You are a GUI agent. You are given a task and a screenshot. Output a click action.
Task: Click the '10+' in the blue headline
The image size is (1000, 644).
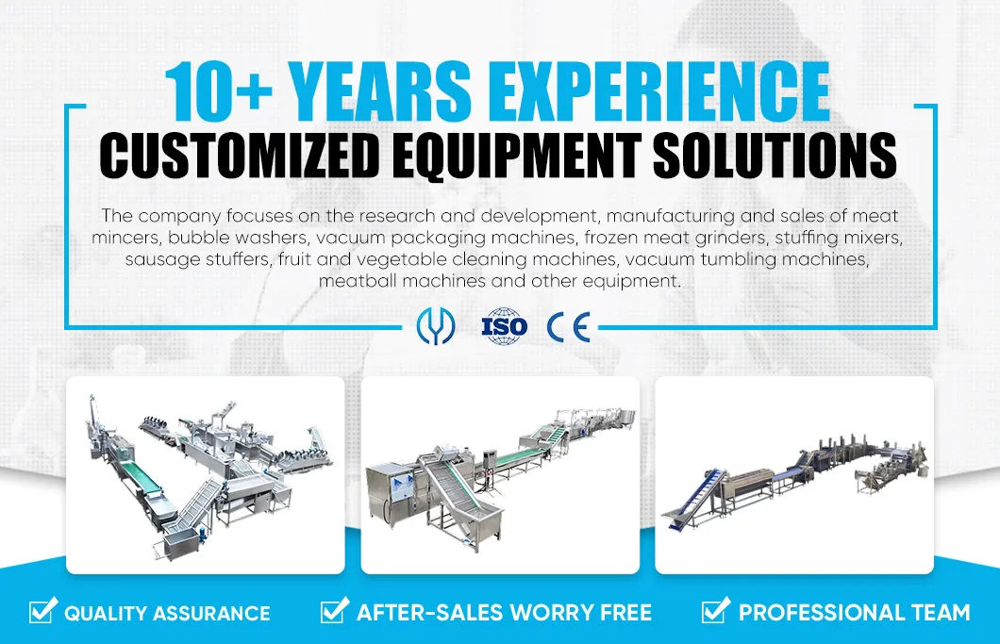(219, 92)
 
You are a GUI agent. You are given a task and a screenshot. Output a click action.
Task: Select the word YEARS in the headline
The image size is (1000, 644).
(378, 92)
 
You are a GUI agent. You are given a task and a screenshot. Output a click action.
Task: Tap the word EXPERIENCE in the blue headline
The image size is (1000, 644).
(655, 92)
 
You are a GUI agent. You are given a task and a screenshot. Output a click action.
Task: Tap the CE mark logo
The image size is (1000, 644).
(568, 327)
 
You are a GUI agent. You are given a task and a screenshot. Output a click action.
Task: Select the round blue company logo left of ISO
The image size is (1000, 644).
(436, 327)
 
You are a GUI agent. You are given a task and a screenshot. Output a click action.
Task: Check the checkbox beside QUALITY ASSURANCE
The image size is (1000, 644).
(42, 611)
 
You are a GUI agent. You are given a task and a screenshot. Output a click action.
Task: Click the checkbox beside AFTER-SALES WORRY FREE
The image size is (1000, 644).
(334, 611)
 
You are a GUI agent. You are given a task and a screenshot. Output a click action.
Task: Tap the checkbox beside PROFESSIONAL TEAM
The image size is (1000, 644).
(715, 611)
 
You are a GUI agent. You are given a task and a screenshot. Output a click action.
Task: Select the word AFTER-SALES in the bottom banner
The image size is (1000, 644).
(429, 613)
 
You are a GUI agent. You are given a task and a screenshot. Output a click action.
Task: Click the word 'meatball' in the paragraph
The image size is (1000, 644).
(354, 281)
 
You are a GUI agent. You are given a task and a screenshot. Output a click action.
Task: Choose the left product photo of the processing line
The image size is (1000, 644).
(205, 474)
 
